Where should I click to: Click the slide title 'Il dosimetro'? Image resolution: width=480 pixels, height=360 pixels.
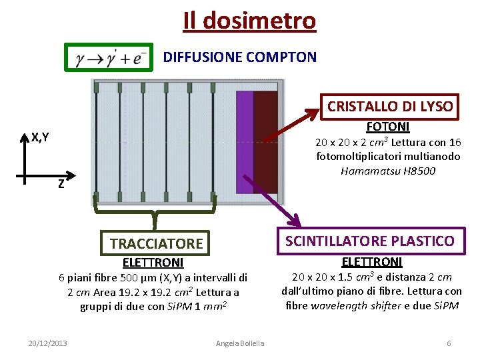pos(249,21)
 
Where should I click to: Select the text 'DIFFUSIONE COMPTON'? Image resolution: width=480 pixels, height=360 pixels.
pos(240,57)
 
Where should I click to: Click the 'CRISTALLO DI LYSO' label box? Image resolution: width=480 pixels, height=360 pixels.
pos(390,106)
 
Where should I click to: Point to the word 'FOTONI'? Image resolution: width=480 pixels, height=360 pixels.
pos(388,127)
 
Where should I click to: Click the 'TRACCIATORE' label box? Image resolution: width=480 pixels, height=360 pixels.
pos(157,244)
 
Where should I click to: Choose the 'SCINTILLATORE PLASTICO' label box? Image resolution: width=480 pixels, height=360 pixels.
pos(370,241)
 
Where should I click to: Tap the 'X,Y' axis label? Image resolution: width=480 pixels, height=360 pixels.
pos(39,138)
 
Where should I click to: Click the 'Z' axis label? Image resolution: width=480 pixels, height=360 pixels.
pos(61,185)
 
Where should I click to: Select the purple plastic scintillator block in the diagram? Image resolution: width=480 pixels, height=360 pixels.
pos(245,141)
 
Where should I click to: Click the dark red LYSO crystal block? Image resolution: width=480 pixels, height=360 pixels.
pos(265,141)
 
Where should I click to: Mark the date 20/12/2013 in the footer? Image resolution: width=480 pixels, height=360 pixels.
pos(47,343)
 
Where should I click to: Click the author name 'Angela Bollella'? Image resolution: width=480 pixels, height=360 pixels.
pos(240,343)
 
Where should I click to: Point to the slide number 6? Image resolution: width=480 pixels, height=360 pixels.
pos(449,343)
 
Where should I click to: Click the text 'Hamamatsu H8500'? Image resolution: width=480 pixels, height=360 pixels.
pos(388,171)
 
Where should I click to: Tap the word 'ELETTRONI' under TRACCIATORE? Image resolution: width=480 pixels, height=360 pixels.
pos(153,263)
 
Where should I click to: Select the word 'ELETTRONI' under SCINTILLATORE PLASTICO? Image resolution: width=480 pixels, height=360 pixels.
pos(371,261)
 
